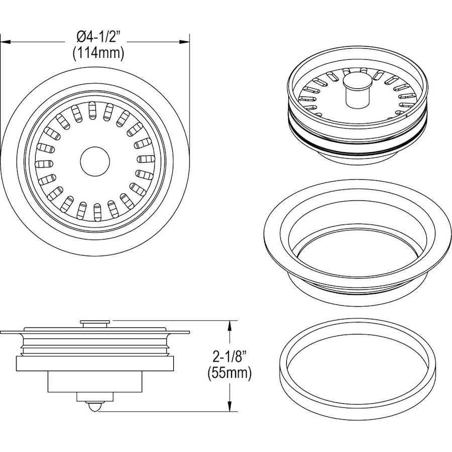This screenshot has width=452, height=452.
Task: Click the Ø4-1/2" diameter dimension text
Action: [x=98, y=37]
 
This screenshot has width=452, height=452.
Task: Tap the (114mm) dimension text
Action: [x=98, y=54]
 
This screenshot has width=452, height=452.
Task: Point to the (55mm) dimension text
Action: [x=230, y=373]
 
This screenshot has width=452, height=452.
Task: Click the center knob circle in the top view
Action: [x=95, y=161]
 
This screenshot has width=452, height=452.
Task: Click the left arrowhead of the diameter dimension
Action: [x=5, y=42]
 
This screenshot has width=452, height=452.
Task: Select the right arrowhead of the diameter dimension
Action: [x=184, y=42]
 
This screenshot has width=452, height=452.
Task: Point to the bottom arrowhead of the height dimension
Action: [x=230, y=406]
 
